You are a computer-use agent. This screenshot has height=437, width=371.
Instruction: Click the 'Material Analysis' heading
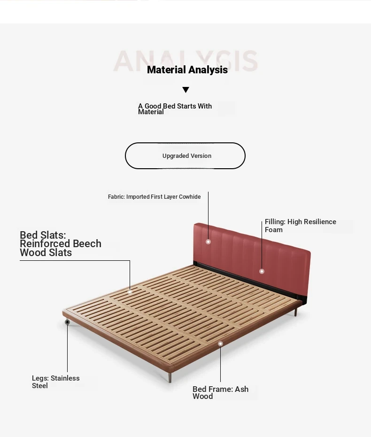point(187,70)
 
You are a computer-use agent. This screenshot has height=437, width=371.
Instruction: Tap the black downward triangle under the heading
point(186,90)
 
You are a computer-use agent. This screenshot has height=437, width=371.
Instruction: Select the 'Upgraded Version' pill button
point(185,156)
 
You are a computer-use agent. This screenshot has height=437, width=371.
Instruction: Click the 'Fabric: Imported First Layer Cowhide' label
point(155,197)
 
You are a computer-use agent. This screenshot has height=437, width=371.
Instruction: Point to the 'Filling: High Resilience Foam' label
point(300,226)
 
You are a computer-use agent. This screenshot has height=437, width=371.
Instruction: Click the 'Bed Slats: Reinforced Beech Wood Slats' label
point(61,243)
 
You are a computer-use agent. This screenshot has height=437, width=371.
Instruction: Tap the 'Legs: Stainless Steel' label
point(56,382)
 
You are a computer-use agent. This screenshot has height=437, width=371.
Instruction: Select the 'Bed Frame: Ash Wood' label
point(220,392)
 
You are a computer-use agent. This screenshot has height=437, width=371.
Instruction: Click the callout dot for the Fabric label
point(208,242)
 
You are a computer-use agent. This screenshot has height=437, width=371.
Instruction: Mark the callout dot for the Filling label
point(262,271)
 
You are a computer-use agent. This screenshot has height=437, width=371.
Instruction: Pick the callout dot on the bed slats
point(130,292)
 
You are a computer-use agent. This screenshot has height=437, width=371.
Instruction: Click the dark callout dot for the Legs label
point(67,322)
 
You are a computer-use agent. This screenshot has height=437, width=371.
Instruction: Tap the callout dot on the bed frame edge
point(220,343)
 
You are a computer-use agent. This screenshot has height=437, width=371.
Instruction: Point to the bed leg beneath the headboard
point(295,312)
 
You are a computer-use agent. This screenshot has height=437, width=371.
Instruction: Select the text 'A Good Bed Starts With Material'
point(175,109)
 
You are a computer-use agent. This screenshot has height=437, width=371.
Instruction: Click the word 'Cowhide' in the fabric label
point(190,197)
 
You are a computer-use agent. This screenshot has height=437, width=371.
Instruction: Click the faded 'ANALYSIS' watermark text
point(185,61)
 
